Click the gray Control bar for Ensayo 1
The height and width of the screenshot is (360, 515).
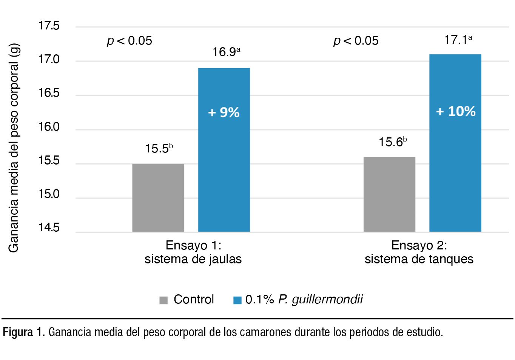coord(158,198)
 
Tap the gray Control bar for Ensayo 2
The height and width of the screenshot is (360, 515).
coord(389,194)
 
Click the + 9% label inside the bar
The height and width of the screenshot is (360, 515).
coord(224,112)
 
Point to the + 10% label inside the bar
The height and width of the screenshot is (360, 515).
coord(456,111)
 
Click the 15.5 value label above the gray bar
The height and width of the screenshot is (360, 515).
coord(159,148)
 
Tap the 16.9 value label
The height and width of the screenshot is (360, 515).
coord(226,52)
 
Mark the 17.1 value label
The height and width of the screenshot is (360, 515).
coord(458,40)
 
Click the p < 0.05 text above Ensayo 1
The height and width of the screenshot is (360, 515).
coord(130,40)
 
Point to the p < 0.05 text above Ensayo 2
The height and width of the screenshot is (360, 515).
coord(356,40)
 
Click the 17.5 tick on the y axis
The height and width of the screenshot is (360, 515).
coord(49,26)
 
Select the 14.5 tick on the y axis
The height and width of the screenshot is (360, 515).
coord(49,228)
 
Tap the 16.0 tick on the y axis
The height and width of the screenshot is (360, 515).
coord(49,127)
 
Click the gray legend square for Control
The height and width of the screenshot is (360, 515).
coord(163,300)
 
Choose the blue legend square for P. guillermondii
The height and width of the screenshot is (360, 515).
coord(237,300)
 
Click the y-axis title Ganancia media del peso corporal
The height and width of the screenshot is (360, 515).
coord(14,147)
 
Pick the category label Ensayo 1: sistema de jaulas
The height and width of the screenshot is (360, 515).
coord(193,252)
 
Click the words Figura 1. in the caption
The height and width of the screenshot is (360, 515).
coord(24,332)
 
